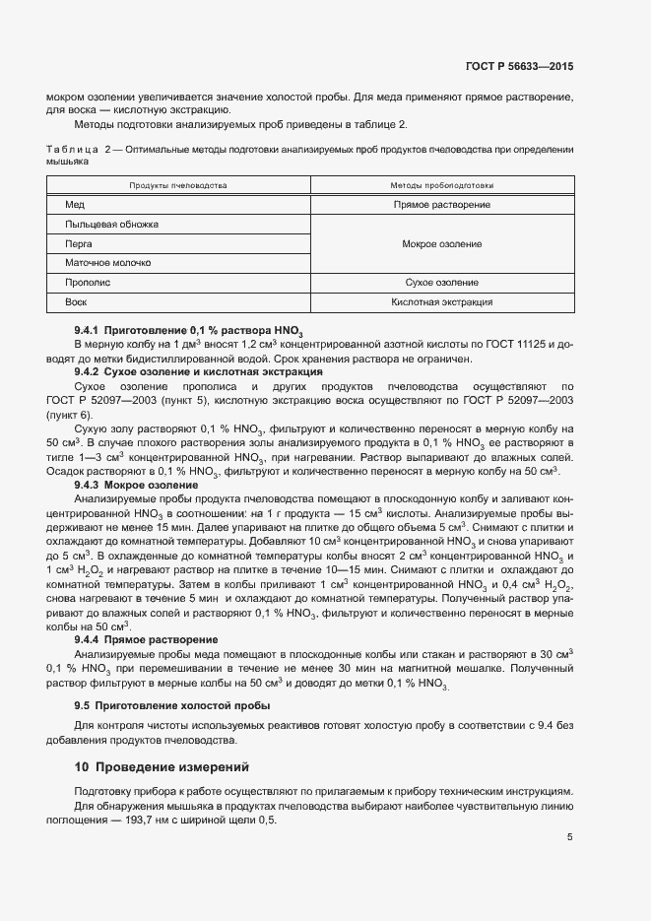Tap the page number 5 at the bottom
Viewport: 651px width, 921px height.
(570, 838)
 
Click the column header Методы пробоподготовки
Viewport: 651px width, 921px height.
(441, 185)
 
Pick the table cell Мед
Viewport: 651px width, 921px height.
(74, 205)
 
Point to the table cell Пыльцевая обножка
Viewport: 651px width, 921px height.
(111, 225)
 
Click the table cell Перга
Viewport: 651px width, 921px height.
(79, 243)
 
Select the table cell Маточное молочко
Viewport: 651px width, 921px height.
(107, 263)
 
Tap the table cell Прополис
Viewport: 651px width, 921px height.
(86, 283)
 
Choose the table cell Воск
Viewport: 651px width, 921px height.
(76, 302)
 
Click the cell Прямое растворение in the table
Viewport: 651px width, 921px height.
(441, 205)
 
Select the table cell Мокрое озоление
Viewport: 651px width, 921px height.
(441, 243)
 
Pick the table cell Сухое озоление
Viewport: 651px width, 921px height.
(441, 283)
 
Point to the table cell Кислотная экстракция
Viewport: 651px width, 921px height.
(441, 302)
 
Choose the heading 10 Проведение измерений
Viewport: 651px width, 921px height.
(163, 766)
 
